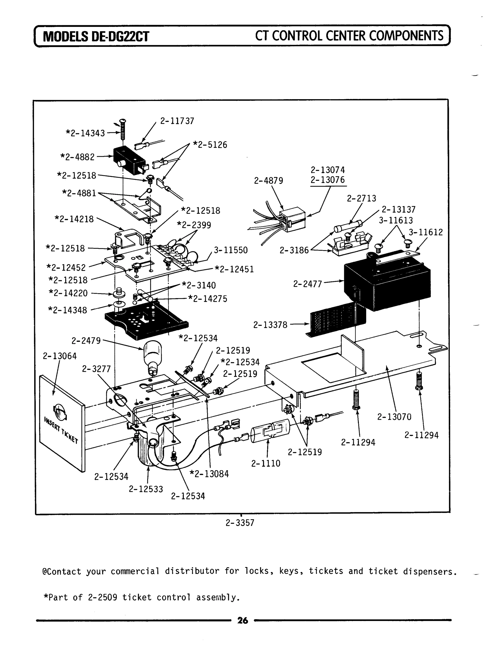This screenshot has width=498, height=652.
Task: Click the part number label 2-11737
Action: [177, 121]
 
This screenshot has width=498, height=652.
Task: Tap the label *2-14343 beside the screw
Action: [85, 133]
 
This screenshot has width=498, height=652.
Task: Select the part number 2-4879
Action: [268, 180]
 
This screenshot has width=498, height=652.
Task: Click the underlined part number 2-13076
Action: [328, 180]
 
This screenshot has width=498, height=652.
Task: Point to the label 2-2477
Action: [307, 284]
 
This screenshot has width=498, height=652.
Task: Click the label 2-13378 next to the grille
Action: [270, 325]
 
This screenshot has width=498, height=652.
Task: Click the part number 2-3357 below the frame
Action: [240, 522]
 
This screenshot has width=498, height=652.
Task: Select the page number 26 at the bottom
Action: [242, 620]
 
